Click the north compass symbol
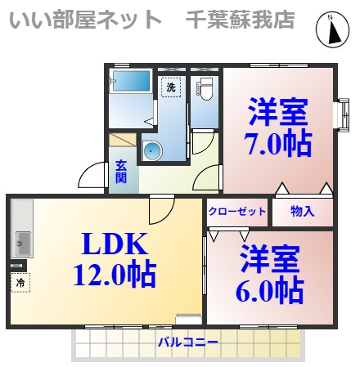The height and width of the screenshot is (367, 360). pos(333,31)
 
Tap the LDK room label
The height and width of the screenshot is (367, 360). pos(114,244)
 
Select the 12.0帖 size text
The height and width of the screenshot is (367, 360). pos(114,275)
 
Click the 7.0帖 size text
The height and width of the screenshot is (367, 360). pos(278,144)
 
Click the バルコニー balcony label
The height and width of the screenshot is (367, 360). pos(187,342)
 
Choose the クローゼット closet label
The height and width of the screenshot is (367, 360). pos(237,212)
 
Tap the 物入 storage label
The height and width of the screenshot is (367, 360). pos(303,212)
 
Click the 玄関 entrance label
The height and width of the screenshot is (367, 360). pos(121,171)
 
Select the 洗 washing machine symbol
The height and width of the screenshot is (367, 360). pos(170,87)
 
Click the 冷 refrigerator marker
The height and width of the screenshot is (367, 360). pos(18,283)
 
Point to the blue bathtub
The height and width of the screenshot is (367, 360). pos(131,81)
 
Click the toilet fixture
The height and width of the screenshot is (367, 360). pos(205,89)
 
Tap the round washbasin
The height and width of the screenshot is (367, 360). pos(152,151)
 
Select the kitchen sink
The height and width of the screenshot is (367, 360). pos(21,244)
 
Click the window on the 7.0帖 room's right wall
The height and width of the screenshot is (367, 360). pos(340,114)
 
